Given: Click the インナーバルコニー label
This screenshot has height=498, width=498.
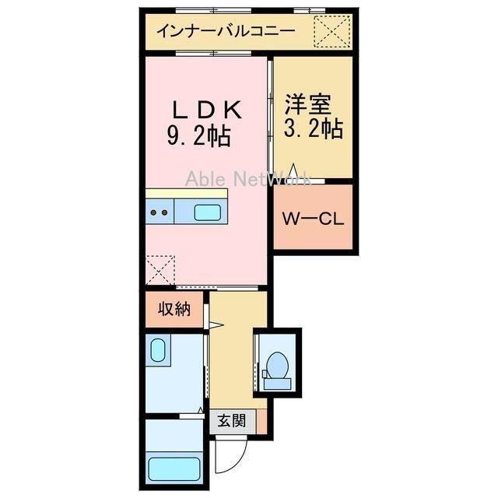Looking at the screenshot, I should point(224,32).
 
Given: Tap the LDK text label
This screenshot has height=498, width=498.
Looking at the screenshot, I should point(209,110).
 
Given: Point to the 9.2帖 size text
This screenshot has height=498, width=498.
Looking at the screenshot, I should point(198,138).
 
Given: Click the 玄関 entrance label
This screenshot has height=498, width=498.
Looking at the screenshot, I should point(231,421).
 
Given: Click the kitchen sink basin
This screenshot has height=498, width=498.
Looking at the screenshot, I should point(206,211).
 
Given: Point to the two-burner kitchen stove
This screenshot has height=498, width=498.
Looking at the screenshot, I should point(160,212).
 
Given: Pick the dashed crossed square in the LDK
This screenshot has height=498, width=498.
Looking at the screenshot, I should point(160,269).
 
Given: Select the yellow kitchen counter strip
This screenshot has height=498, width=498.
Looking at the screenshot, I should point(187,193).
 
